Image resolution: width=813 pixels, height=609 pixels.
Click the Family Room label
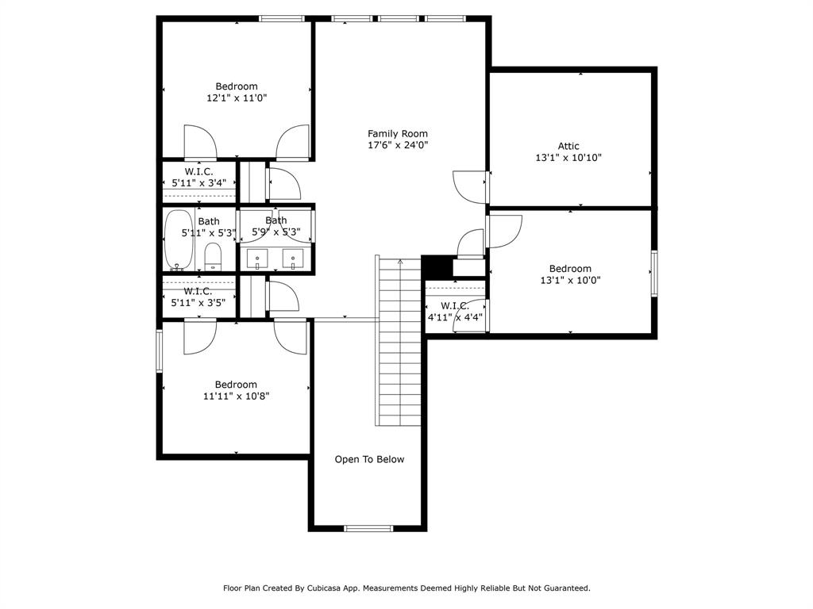coord(397,134)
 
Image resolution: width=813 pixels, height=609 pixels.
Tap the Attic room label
coord(568,146)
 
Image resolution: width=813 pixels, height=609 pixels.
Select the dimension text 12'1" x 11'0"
coord(237,98)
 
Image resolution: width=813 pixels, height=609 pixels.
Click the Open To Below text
coord(369,459)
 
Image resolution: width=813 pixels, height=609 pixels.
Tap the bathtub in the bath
coord(178,240)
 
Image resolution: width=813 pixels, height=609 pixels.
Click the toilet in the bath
coord(213,256)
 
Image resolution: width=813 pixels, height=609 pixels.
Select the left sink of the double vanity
coord(257,259)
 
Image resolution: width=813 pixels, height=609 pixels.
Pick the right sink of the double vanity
coord(293,259)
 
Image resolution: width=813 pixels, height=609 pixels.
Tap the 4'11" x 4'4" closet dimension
coord(454,317)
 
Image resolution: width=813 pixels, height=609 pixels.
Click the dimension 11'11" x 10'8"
coord(236,396)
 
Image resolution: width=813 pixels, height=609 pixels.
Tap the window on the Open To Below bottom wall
coord(368,528)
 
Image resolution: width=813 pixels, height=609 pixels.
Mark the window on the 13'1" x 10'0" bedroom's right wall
coord(654,274)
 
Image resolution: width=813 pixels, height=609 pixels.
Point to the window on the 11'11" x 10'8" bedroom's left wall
coord(160,350)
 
